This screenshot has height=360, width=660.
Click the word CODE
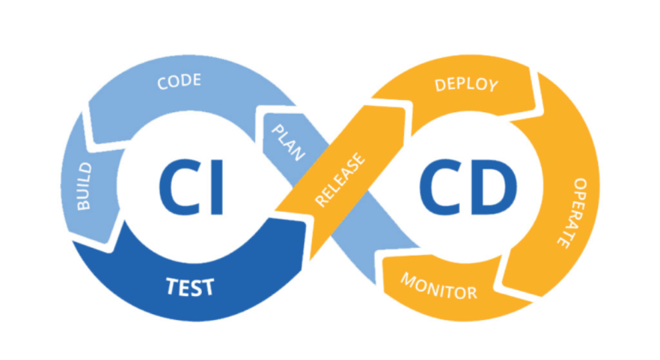179,83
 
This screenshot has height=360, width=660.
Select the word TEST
189,287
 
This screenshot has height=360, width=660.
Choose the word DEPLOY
466,85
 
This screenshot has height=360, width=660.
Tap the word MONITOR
438,285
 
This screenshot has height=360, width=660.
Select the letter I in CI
215,187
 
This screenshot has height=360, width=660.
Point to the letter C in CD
441,187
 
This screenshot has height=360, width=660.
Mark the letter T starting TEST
171,287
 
